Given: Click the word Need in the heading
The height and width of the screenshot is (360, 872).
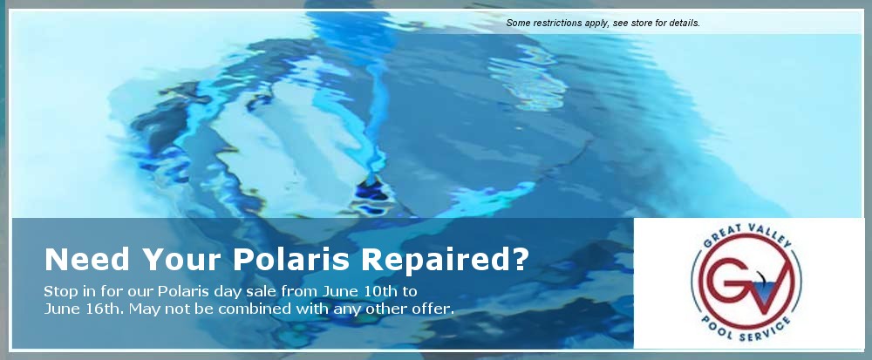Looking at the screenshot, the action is (x=86, y=259).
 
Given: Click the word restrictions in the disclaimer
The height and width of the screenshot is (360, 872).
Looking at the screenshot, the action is (x=562, y=24).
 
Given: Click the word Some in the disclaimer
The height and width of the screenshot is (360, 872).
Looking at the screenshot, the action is (x=519, y=24).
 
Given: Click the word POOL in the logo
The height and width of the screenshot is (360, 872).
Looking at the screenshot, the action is (x=719, y=327).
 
